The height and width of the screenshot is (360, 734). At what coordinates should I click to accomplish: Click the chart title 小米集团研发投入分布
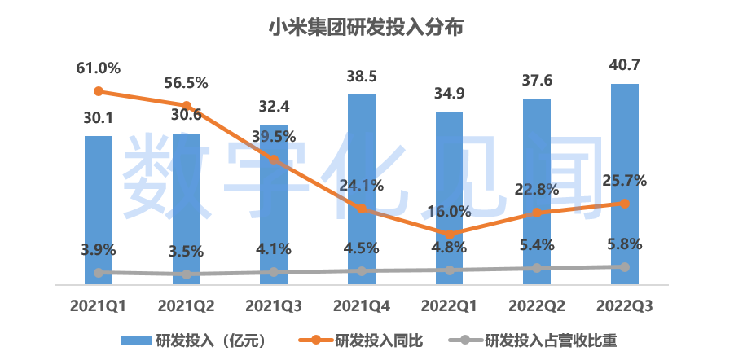click(367, 29)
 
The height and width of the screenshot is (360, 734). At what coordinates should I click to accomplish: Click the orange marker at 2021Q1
click(99, 91)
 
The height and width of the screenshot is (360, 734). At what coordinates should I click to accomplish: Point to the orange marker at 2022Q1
click(450, 235)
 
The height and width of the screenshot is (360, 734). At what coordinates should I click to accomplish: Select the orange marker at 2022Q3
click(624, 203)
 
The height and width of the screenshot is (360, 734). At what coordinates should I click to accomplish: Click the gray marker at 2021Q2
click(187, 274)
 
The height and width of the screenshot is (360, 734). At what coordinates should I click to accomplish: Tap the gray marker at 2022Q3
click(624, 267)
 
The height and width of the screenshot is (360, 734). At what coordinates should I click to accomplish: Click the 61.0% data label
click(99, 68)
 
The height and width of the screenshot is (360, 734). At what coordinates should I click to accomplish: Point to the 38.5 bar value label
click(362, 77)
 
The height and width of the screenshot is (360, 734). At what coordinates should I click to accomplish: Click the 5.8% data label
click(624, 244)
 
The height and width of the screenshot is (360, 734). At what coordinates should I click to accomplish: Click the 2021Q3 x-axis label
click(274, 306)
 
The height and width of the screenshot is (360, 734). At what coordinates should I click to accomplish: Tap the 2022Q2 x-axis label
click(537, 306)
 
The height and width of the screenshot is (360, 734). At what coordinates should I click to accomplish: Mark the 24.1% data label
click(362, 186)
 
